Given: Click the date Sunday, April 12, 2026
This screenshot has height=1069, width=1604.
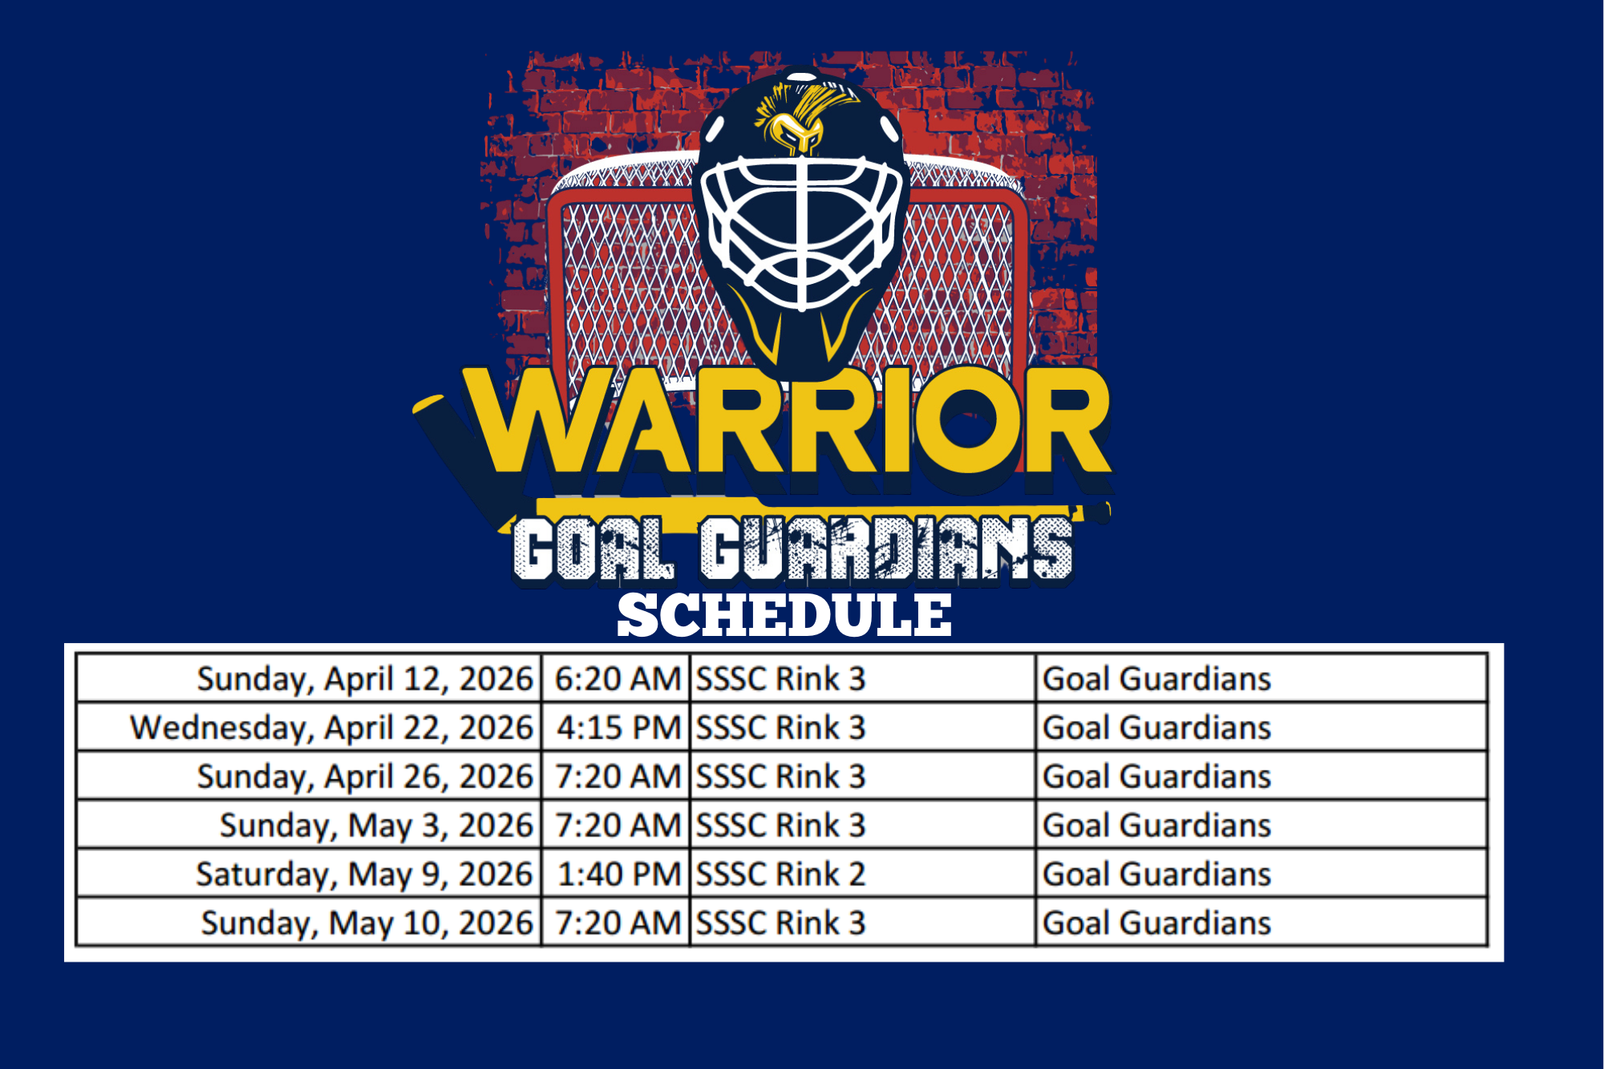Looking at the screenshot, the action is [x=365, y=679].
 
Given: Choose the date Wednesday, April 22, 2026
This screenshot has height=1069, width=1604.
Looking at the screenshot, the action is [x=331, y=728].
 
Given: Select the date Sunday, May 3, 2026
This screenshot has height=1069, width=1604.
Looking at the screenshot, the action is [x=376, y=826].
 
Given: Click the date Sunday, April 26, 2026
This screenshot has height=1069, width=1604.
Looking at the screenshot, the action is [x=365, y=777].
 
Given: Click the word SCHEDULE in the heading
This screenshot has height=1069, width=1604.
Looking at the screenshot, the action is [x=784, y=616].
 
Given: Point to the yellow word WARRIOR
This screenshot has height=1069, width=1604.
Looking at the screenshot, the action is [x=790, y=421].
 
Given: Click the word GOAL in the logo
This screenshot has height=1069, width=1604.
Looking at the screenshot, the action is [x=593, y=549].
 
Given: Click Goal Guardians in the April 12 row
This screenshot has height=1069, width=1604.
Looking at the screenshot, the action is [x=1156, y=679].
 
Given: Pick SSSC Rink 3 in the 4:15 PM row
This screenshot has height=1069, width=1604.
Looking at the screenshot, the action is [x=780, y=728].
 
